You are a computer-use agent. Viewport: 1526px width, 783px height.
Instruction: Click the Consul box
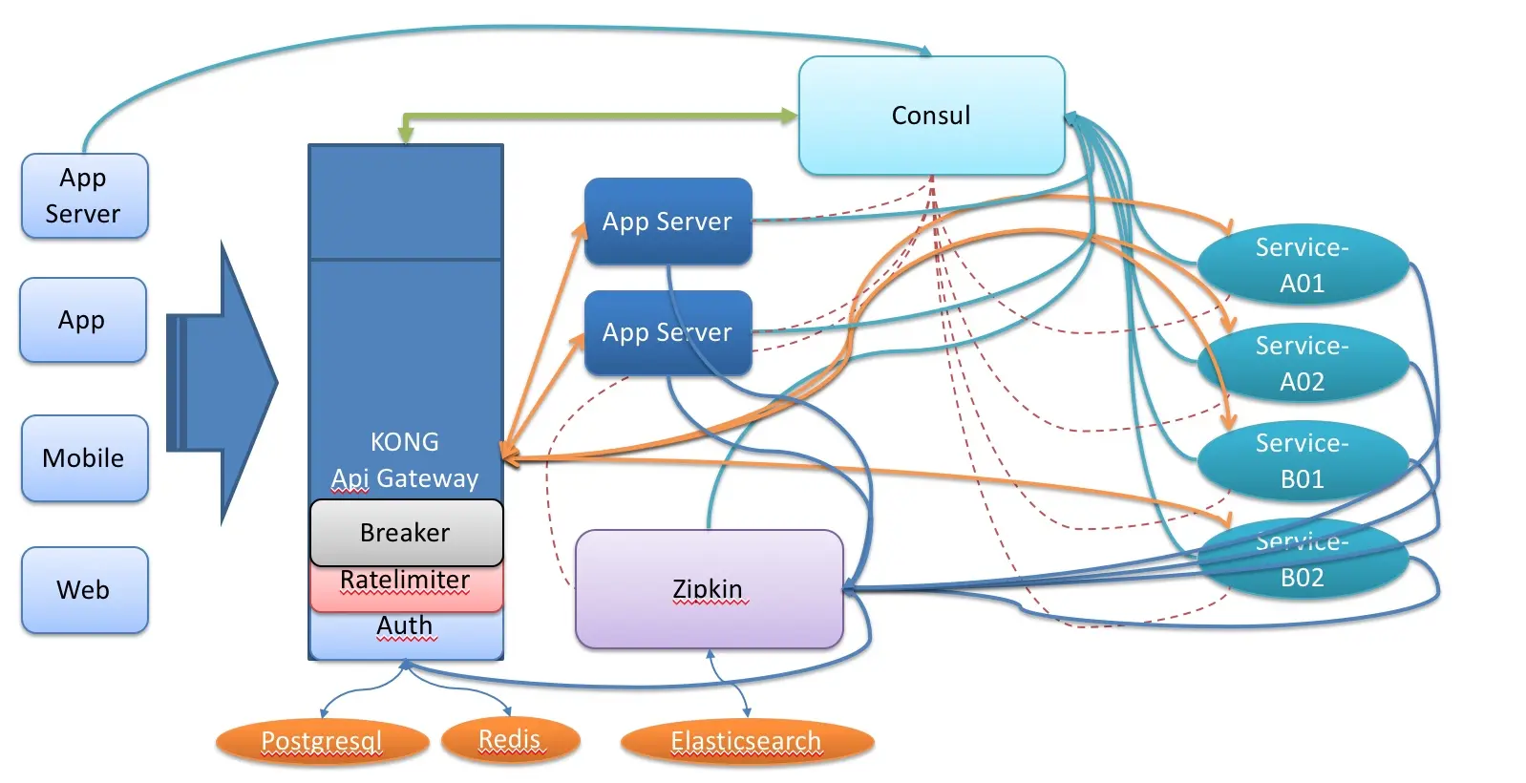point(931,116)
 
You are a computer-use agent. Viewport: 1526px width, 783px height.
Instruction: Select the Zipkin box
point(709,589)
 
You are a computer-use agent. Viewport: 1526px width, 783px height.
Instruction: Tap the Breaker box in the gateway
point(406,532)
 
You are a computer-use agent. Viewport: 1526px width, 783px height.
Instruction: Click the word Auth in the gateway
point(406,625)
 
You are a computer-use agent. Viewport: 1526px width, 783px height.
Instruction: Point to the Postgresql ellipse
point(322,741)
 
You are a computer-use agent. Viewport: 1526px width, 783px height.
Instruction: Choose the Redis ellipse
point(510,740)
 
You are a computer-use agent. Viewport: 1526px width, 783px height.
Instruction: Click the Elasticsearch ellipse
point(746,741)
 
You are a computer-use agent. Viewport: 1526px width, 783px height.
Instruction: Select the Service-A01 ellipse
point(1302,265)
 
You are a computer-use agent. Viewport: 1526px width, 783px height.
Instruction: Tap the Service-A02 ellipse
point(1302,364)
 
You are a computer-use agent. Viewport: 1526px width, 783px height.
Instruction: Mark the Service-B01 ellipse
point(1302,461)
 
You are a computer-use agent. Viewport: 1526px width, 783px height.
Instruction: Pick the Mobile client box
point(84,458)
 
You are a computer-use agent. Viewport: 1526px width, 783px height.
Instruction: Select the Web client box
point(84,590)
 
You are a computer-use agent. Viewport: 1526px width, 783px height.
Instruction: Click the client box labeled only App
point(83,320)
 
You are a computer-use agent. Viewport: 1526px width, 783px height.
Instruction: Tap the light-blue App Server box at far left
point(84,196)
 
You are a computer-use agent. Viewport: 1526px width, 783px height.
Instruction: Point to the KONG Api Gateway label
point(406,460)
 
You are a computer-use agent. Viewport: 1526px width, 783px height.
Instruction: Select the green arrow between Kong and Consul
point(602,116)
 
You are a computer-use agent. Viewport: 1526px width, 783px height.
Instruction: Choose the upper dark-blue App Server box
point(668,222)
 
